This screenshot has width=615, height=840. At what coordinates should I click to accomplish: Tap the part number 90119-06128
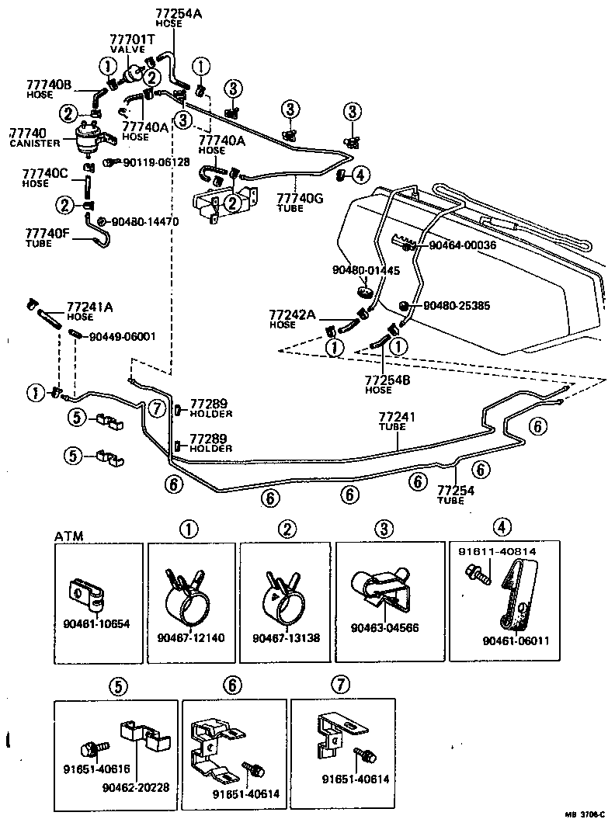coord(156,161)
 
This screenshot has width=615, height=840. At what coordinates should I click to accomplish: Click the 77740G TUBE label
coord(297,203)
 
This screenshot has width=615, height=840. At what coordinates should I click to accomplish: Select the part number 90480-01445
coord(365,271)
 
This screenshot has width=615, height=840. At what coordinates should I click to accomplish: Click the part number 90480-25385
coord(457,306)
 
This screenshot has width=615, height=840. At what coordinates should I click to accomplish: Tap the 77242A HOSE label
coord(292,319)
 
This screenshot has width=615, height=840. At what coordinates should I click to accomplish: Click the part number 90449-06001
coord(123,336)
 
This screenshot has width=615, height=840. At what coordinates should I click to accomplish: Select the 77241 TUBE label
coord(397,422)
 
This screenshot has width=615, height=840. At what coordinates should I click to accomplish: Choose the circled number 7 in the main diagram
coord(156,408)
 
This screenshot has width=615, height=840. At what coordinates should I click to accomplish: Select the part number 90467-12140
coord(191,637)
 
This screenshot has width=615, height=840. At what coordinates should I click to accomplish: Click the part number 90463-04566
coord(384,628)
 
